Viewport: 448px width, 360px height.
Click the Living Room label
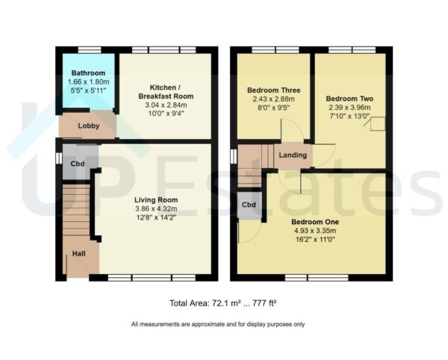[155, 200]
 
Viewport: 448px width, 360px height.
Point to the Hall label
[78, 255]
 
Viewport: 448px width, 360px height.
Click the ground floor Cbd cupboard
[77, 164]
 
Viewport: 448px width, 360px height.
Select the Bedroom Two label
[350, 98]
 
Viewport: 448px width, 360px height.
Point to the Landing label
[293, 155]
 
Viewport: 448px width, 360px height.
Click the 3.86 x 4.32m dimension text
[155, 209]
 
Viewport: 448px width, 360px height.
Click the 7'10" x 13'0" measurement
[350, 116]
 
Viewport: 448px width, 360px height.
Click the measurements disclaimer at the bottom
[217, 324]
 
